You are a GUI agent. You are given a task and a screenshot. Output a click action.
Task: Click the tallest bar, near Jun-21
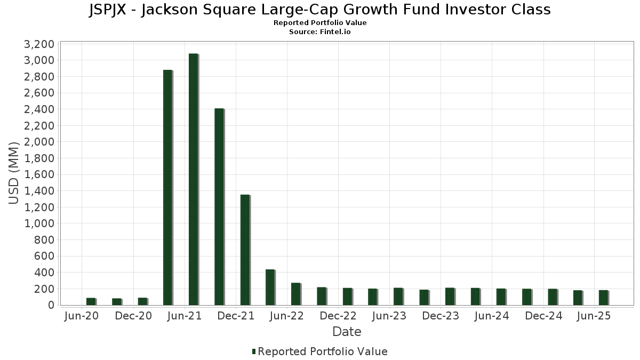[193, 179]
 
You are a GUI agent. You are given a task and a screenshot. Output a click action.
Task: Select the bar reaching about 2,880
[167, 187]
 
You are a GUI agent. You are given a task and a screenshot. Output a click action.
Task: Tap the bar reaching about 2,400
[219, 207]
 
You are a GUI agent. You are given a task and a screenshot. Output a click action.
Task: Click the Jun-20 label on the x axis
[81, 316]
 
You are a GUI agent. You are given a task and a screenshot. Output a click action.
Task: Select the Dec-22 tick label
[338, 316]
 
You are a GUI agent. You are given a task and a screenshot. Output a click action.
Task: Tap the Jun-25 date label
[595, 316]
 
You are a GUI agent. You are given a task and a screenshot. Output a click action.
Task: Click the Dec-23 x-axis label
[441, 316]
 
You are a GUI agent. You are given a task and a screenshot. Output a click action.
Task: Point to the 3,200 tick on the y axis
[39, 44]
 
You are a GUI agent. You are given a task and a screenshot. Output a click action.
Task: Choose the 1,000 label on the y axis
[39, 223]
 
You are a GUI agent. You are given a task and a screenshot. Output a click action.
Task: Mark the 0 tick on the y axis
[51, 305]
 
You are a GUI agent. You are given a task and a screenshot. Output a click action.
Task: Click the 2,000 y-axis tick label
[39, 142]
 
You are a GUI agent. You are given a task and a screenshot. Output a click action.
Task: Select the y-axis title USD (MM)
[14, 173]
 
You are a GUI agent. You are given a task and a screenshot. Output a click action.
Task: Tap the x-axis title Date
[347, 332]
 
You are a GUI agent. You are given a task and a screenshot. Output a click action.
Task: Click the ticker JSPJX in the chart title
[110, 10]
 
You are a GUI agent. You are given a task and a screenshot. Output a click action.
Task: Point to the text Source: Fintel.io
[320, 32]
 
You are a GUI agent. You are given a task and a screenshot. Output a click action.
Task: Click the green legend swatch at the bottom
[254, 351]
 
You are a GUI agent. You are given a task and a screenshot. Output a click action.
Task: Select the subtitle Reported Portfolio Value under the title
[320, 23]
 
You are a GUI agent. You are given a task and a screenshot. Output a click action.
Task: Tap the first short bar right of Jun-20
[91, 301]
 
